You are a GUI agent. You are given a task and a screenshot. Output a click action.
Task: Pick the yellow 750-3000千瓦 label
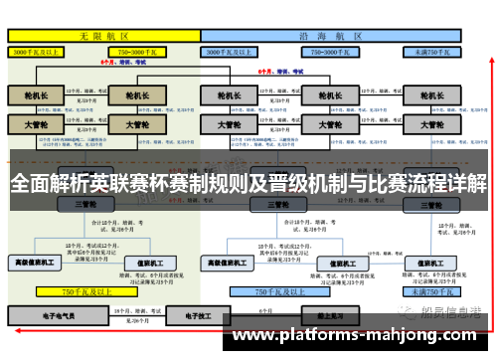pyautogui.click(x=138, y=51)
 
